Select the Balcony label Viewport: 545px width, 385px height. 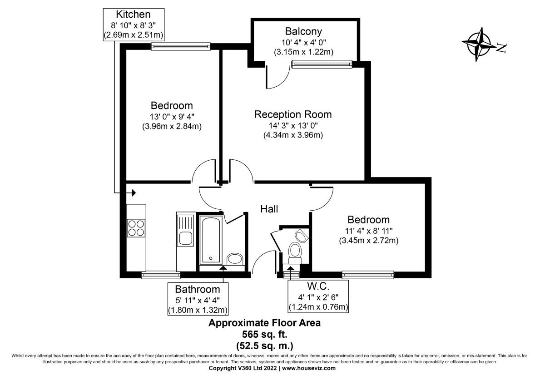point(303,31)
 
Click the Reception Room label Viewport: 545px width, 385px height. point(292,114)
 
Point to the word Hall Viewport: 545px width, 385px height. point(269,209)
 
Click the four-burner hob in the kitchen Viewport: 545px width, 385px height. point(137,227)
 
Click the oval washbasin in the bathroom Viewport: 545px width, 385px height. point(235,259)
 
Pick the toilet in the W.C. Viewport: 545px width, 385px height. point(295,252)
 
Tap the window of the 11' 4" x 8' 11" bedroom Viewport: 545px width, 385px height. point(367,274)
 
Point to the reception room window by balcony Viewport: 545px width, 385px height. point(322,64)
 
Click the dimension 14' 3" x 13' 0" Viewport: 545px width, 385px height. point(292,125)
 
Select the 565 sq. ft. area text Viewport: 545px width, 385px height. point(264,333)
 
